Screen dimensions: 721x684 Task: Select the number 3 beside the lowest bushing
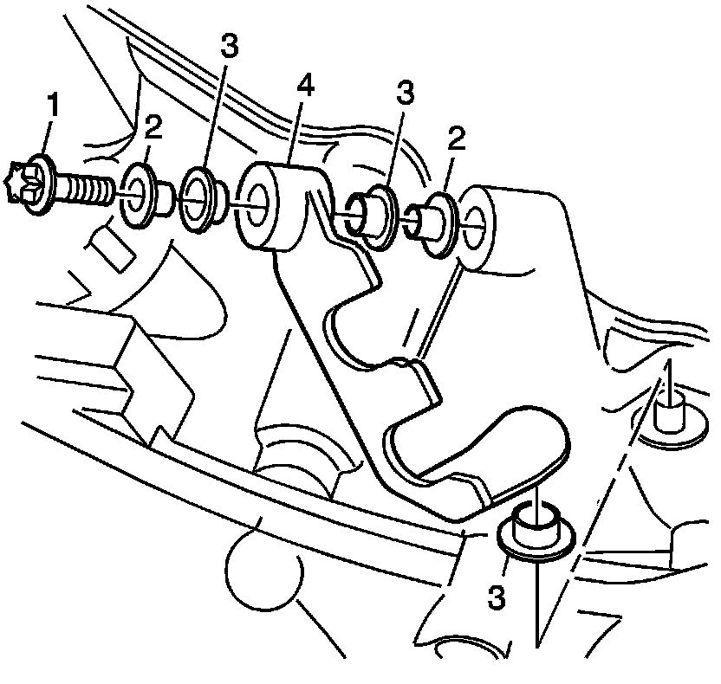coord(496,596)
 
